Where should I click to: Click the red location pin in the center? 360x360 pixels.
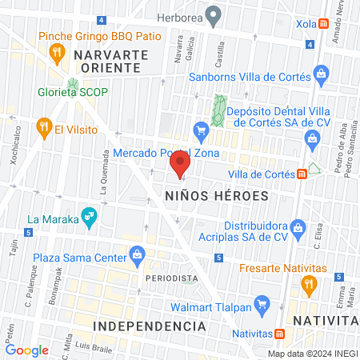(179, 165)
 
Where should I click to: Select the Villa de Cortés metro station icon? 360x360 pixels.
(302, 174)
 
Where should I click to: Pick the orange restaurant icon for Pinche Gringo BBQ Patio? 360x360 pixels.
(56, 54)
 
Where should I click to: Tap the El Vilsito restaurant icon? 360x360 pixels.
(43, 127)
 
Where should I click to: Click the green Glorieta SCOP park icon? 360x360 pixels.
(74, 86)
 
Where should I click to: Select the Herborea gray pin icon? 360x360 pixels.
(213, 14)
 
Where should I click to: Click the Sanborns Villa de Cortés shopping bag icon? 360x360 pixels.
(321, 77)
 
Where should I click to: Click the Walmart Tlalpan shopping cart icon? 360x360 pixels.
(259, 303)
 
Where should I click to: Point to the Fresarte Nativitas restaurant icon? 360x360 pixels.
(308, 283)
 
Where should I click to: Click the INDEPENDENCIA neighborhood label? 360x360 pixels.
(150, 326)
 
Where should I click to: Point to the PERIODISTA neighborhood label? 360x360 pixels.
(172, 278)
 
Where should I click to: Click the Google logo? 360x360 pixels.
(26, 350)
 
